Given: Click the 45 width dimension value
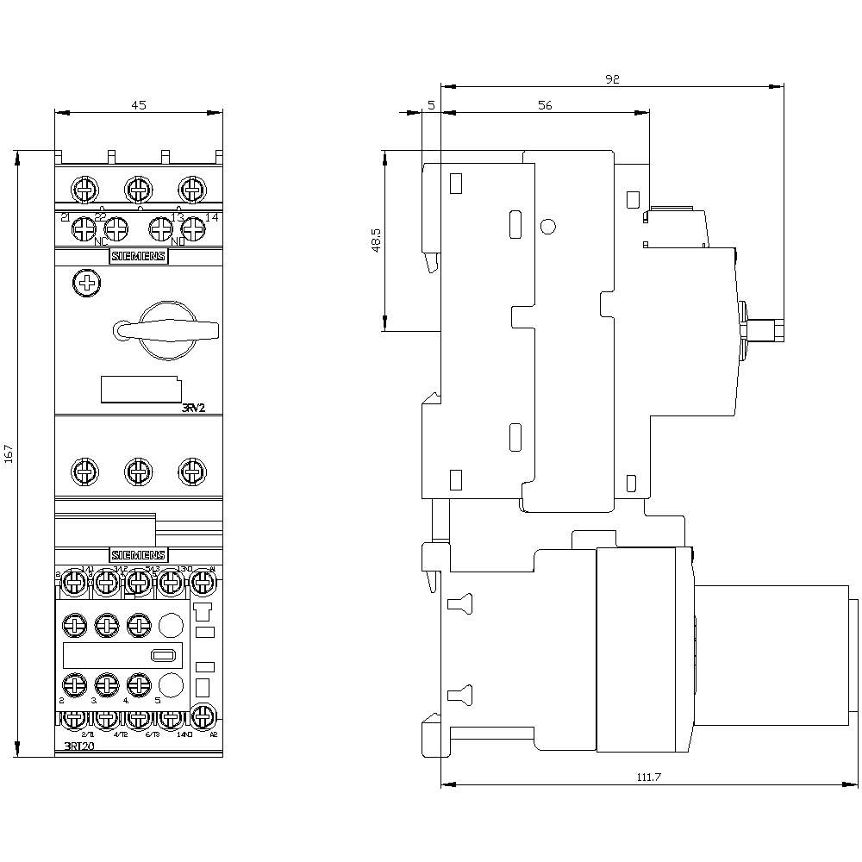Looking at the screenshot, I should (139, 104).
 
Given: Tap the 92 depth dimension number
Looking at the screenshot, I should (612, 79).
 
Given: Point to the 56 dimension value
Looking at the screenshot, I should (544, 105).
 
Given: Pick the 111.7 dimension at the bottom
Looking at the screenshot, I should (648, 778).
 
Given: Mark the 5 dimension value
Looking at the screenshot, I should (430, 105).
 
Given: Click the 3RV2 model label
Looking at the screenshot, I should (193, 409).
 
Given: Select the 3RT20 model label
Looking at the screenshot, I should (79, 746).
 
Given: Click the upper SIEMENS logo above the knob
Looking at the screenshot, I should (138, 256).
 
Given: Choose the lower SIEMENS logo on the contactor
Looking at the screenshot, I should (138, 554).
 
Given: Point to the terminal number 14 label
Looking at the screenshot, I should (212, 217).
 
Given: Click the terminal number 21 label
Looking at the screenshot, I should (65, 217).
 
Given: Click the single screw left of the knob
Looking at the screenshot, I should (85, 283).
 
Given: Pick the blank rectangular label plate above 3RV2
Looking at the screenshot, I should (139, 390).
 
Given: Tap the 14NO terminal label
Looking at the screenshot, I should (184, 734).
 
